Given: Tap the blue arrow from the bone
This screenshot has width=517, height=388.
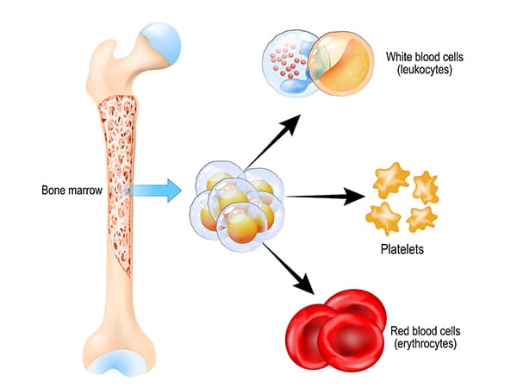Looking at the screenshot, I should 155,188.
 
